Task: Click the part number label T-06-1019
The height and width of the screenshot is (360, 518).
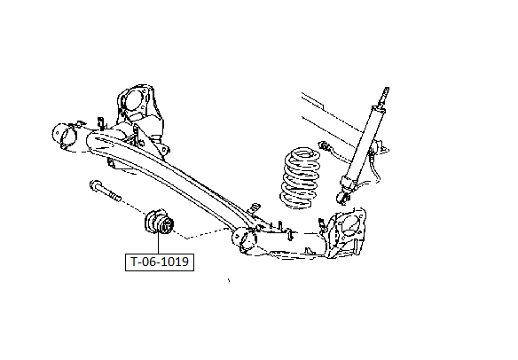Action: (160, 262)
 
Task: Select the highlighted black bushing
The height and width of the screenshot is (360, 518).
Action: (159, 223)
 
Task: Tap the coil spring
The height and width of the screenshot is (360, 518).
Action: (301, 178)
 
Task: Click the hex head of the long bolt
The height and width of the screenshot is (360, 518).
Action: (95, 185)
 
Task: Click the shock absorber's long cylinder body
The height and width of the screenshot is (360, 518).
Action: (364, 142)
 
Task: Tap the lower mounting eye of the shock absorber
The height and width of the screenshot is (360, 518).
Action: (342, 198)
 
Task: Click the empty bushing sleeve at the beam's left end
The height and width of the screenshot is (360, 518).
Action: (64, 136)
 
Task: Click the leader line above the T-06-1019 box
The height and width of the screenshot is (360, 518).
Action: (158, 244)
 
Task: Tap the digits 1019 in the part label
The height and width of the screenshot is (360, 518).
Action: (176, 262)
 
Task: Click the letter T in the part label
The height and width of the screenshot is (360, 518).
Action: (134, 262)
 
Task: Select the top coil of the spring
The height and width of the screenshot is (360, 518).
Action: (303, 153)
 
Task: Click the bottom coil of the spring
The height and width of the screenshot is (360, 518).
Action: (296, 202)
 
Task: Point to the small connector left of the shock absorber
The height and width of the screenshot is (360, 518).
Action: (324, 145)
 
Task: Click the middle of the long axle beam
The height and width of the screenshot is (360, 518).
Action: (172, 175)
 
